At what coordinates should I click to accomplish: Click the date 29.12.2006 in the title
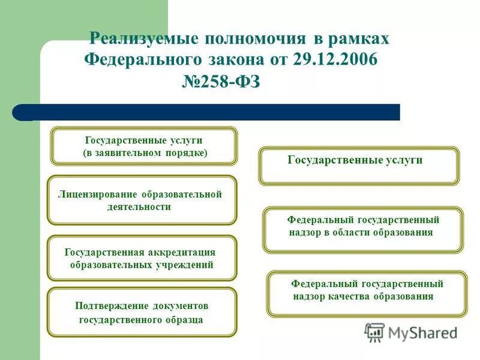coord(336,59)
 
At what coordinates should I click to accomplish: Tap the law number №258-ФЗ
coord(221,82)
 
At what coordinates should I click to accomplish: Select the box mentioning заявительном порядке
coord(144,146)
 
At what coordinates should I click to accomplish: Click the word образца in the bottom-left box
coord(185,319)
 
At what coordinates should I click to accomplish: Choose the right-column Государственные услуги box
coord(359,166)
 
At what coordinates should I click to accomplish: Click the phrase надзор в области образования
coord(360,232)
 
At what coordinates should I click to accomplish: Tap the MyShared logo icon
coord(375,332)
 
